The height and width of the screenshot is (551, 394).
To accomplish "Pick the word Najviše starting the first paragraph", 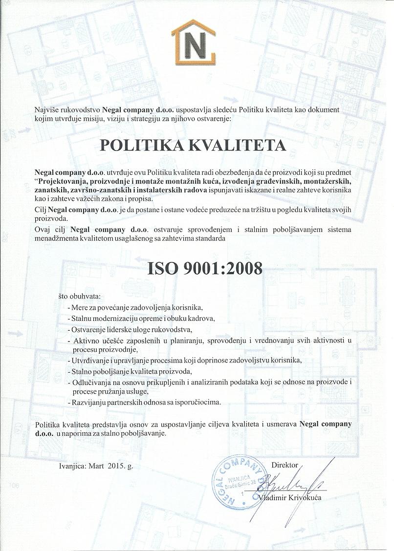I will (x=47, y=110).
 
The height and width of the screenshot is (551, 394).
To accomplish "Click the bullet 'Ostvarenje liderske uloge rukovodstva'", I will (x=131, y=329).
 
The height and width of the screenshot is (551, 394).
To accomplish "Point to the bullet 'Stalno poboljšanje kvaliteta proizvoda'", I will (x=132, y=372).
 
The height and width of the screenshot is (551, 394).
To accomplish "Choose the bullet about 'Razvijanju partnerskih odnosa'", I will (x=145, y=403).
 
